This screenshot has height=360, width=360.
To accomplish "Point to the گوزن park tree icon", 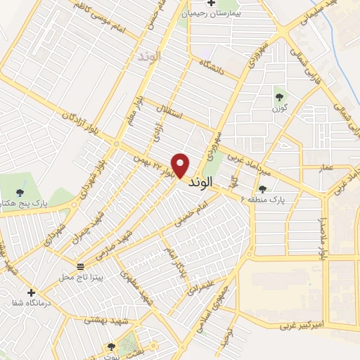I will point(279,97).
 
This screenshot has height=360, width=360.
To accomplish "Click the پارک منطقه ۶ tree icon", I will point(263,188).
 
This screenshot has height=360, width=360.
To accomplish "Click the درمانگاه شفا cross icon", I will point(30,292).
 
